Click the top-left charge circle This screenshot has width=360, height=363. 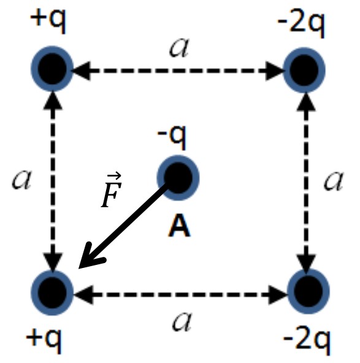pyautogui.click(x=52, y=69)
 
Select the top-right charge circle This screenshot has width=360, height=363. pyautogui.click(x=304, y=70)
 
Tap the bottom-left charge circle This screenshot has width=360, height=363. pyautogui.click(x=52, y=292)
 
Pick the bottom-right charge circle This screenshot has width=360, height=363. pyautogui.click(x=308, y=291)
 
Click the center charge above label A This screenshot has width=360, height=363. pyautogui.click(x=178, y=178)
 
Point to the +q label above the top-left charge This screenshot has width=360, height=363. pyautogui.click(x=48, y=21)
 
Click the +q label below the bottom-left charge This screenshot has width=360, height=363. pyautogui.click(x=44, y=340)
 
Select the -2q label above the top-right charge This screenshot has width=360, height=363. pyautogui.click(x=301, y=25)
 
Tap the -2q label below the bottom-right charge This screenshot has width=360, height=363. pyautogui.click(x=307, y=342)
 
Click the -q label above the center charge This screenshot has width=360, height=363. pyautogui.click(x=172, y=137)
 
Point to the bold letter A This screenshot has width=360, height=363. pyautogui.click(x=178, y=225)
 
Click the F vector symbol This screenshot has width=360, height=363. pyautogui.click(x=112, y=190)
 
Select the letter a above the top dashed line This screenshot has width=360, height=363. pyautogui.click(x=179, y=48)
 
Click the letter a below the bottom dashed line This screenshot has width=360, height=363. pyautogui.click(x=182, y=321)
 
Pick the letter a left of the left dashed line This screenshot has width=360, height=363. pyautogui.click(x=21, y=180)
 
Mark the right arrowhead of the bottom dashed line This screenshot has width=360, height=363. pyautogui.click(x=278, y=294)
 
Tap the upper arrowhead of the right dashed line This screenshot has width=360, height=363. pyautogui.click(x=306, y=101)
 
